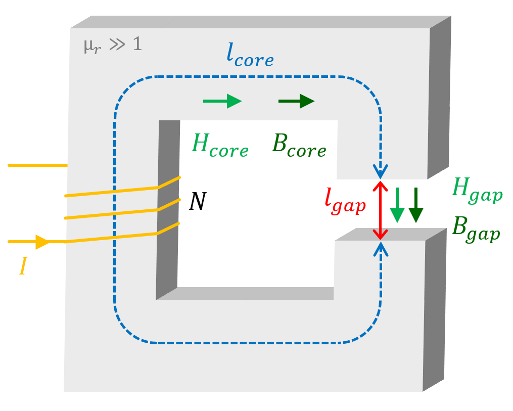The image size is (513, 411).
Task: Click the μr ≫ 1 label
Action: [x=113, y=45]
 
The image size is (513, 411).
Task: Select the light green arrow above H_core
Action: [x=222, y=101]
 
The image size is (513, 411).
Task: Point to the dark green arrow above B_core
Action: [x=297, y=101]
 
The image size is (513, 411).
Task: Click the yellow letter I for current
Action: [x=23, y=266]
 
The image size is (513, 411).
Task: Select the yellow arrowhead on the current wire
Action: [x=42, y=242]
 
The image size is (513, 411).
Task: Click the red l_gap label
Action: [x=345, y=201]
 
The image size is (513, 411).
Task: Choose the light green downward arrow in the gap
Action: [x=397, y=205]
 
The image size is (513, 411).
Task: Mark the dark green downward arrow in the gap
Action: [x=415, y=205]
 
